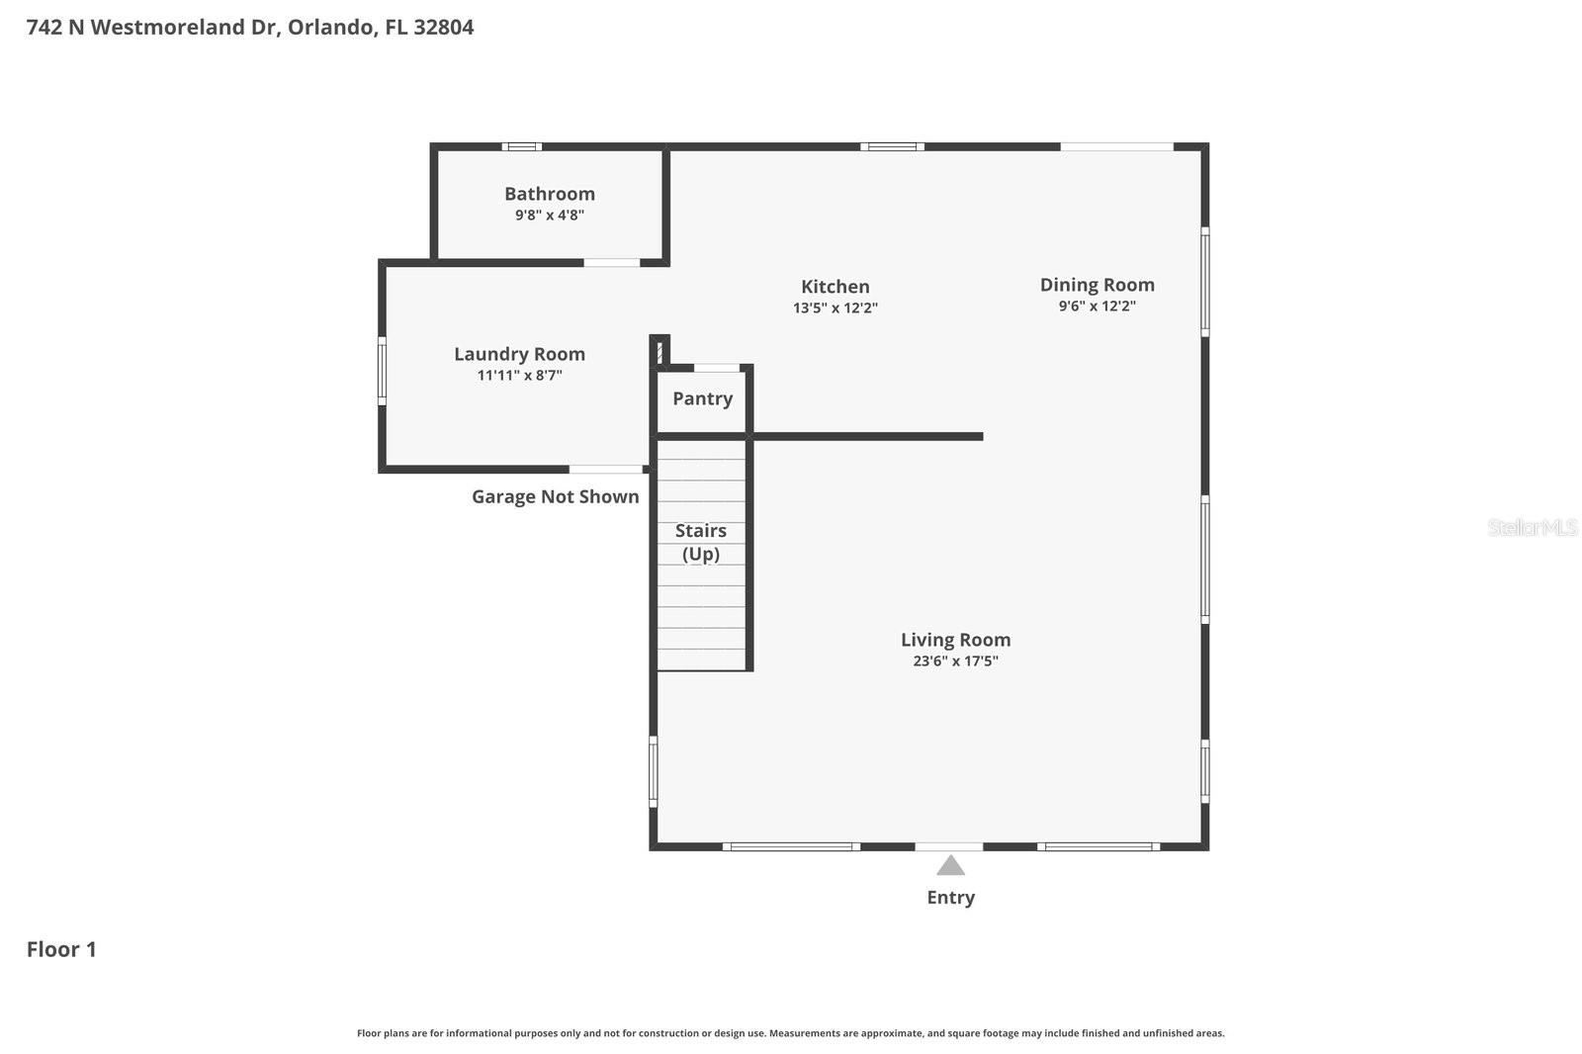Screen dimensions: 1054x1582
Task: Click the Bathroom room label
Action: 549,194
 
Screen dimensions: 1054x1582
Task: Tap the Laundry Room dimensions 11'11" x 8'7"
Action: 519,375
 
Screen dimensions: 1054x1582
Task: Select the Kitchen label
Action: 835,287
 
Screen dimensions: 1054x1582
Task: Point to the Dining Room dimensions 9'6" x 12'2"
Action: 1097,307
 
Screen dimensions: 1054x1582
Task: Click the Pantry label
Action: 702,398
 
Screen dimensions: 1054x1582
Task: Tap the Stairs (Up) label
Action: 700,542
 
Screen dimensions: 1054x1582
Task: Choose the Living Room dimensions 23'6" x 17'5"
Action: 955,661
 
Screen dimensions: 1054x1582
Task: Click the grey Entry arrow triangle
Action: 950,867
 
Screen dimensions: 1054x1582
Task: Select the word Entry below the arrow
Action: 950,898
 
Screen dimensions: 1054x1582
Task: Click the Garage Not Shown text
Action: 555,496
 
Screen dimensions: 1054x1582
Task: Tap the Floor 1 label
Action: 61,949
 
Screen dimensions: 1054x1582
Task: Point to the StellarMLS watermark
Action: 1532,528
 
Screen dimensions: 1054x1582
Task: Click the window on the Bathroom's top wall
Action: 521,147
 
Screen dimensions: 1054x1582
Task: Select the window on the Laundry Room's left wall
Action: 382,371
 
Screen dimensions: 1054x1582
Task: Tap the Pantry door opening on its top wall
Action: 717,368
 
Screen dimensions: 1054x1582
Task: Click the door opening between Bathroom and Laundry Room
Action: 611,263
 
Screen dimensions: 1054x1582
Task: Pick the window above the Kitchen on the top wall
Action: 892,147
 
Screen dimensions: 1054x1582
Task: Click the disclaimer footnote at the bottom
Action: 790,1033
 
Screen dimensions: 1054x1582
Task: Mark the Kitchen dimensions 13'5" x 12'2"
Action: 835,308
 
